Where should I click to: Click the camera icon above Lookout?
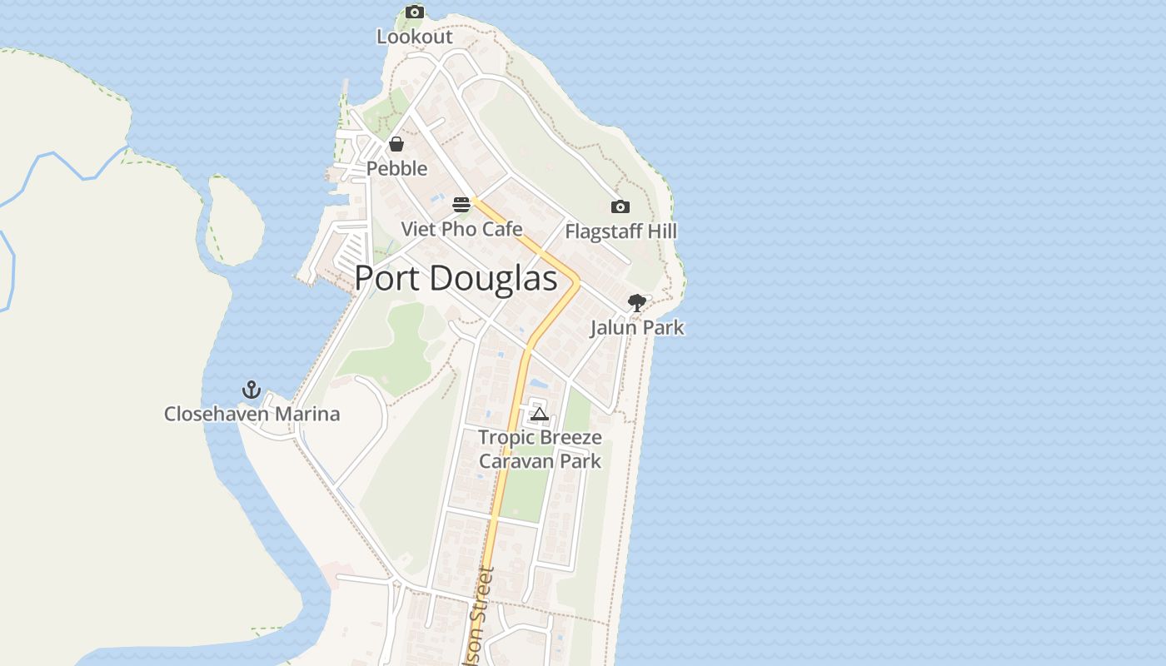(x=415, y=12)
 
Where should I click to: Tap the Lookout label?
(x=415, y=37)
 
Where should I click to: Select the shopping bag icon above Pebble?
(x=396, y=144)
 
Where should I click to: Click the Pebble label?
(x=396, y=168)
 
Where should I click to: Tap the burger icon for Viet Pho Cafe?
(x=461, y=204)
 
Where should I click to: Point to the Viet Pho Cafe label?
(x=461, y=229)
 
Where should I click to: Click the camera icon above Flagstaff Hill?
(x=620, y=206)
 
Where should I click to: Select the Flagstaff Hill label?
(x=620, y=231)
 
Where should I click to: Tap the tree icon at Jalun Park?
(x=637, y=303)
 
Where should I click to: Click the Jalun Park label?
(x=637, y=327)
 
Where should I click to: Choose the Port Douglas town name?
(x=456, y=278)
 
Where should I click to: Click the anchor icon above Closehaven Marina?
(x=252, y=390)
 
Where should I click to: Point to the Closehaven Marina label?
(x=252, y=414)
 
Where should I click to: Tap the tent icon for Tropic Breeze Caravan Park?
(x=540, y=414)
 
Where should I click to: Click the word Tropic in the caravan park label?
(x=506, y=437)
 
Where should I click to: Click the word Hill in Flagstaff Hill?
(x=663, y=231)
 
